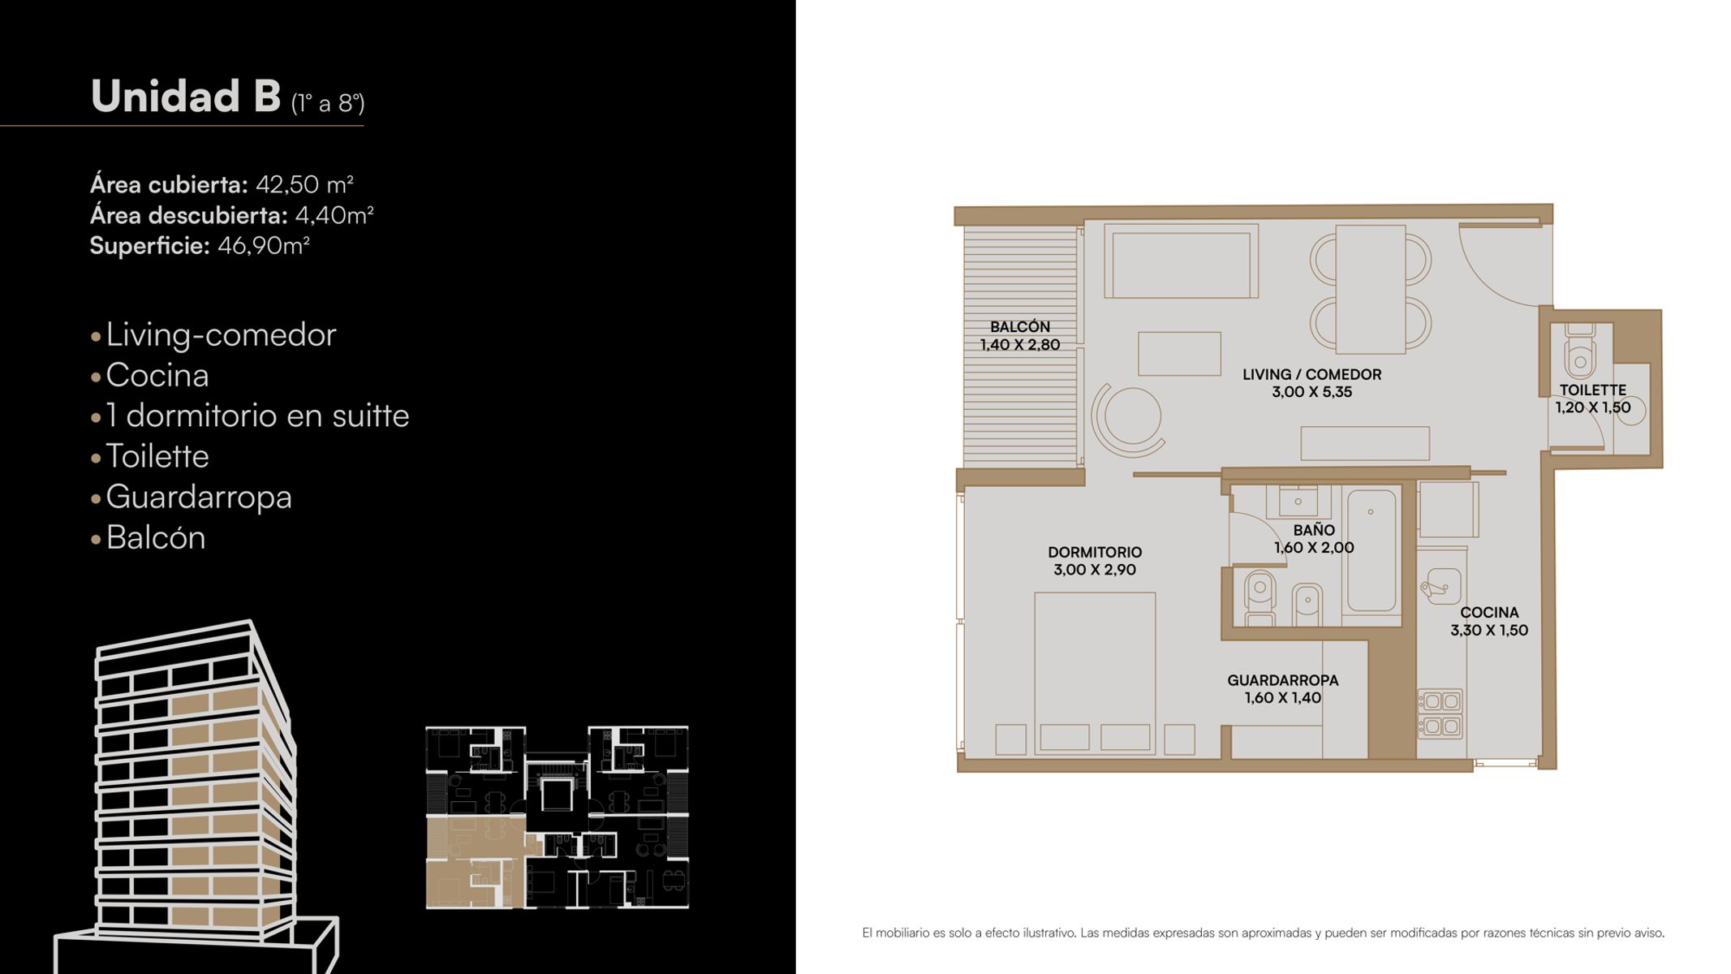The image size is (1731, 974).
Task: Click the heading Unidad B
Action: click(x=186, y=96)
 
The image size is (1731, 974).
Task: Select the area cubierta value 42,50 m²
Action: click(x=304, y=184)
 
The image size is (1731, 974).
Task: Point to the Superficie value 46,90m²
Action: click(x=264, y=245)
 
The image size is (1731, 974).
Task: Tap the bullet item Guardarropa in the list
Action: click(x=199, y=497)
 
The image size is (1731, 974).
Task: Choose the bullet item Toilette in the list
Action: click(x=157, y=456)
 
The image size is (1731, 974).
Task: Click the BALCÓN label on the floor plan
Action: click(x=1020, y=326)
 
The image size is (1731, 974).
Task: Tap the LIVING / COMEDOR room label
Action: click(x=1311, y=374)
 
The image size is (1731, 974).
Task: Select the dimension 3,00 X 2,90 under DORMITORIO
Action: click(x=1095, y=570)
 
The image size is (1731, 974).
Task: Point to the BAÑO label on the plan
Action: click(x=1314, y=530)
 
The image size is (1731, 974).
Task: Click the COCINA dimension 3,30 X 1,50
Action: click(x=1489, y=630)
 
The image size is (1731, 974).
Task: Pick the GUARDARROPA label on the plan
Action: click(x=1283, y=680)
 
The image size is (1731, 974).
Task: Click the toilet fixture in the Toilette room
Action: click(x=1580, y=351)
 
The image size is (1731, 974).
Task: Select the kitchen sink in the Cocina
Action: click(x=1440, y=584)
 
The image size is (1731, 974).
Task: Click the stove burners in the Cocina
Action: click(x=1440, y=713)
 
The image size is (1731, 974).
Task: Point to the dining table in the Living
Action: click(x=1371, y=290)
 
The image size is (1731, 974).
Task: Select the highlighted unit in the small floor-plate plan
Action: click(x=475, y=862)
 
